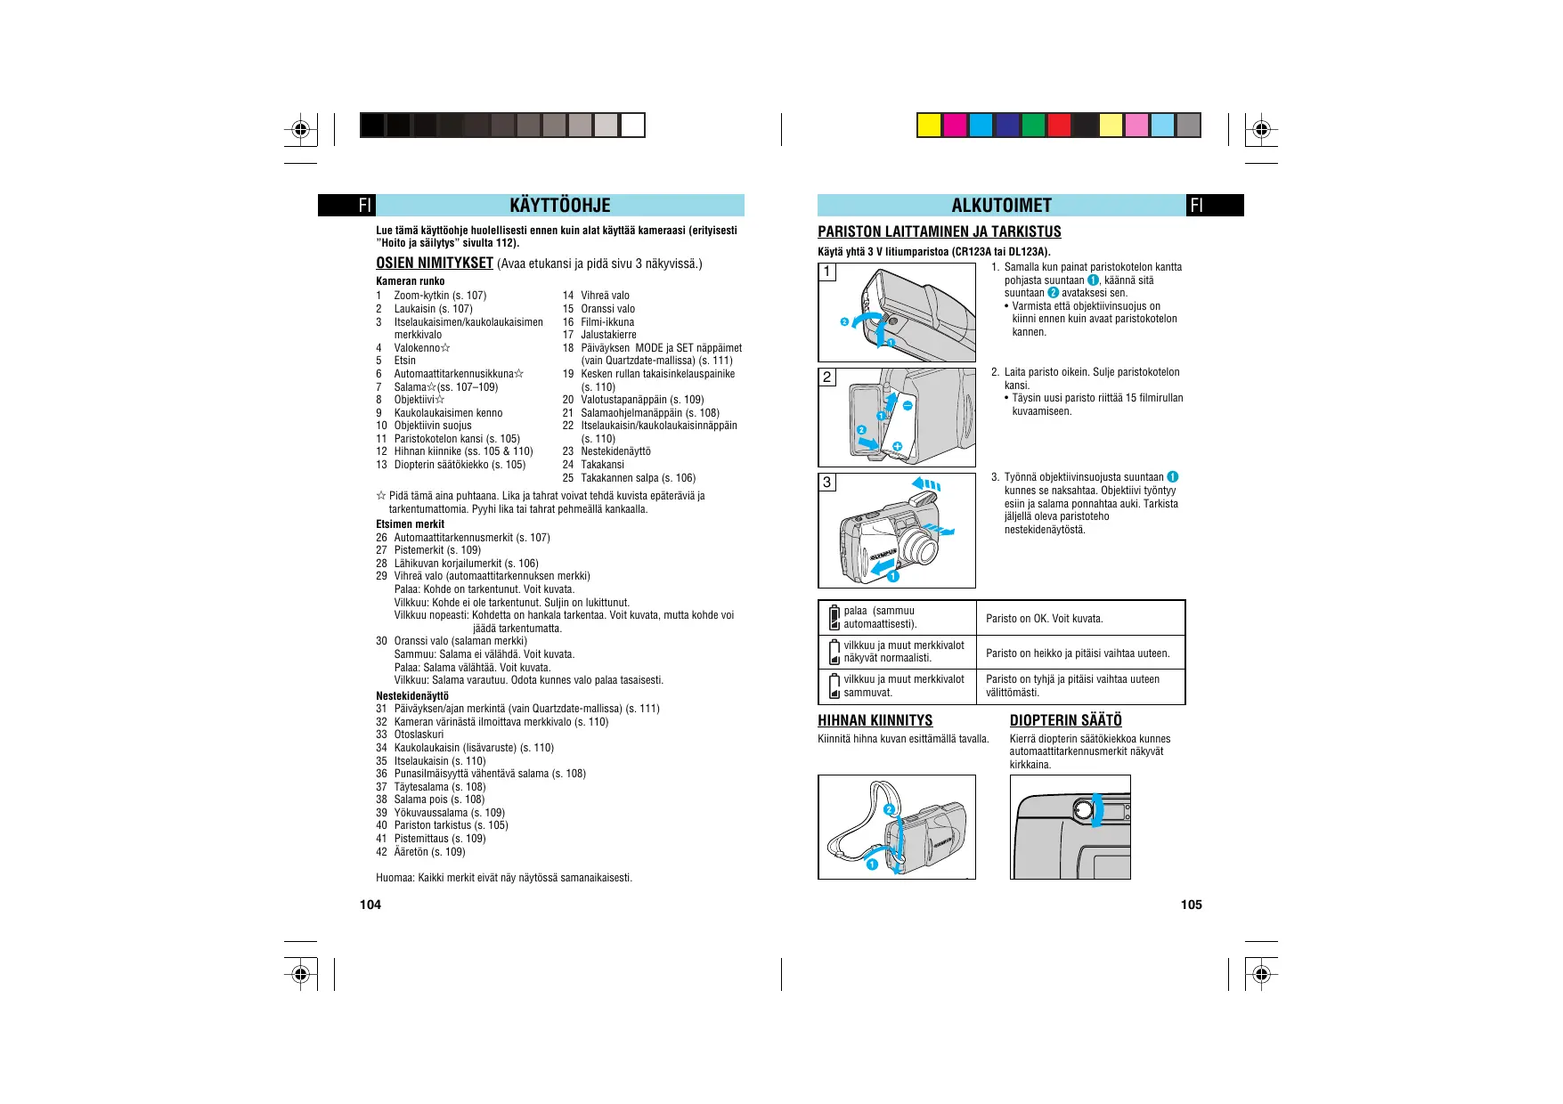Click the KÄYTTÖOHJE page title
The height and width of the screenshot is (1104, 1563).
(x=559, y=206)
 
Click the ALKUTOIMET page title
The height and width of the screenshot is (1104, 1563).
(x=1001, y=206)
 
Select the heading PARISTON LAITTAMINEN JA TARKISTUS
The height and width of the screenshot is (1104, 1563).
(x=939, y=231)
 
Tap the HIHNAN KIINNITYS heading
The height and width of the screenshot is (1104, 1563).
(x=875, y=720)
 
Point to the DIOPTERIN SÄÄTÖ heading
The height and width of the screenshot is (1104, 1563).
(x=1065, y=720)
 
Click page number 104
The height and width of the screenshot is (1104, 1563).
(x=370, y=905)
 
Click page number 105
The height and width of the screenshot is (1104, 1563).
(x=1191, y=905)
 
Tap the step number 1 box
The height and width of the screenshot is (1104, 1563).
(x=827, y=272)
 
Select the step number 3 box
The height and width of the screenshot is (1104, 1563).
(x=827, y=483)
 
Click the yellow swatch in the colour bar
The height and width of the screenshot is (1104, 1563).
(x=929, y=126)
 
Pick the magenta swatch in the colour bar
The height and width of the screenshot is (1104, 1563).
(x=955, y=126)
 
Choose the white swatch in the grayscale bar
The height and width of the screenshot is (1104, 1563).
(x=632, y=126)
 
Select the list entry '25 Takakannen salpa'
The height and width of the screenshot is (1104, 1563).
(x=629, y=478)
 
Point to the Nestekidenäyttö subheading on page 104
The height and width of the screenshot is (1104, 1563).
(x=411, y=696)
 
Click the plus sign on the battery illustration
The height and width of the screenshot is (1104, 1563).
(x=897, y=446)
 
